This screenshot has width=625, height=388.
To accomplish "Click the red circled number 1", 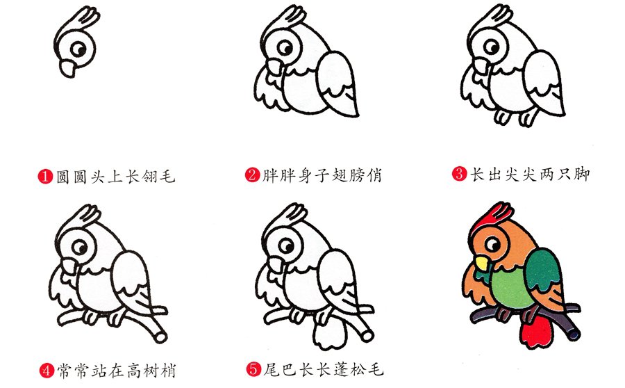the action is point(45,177).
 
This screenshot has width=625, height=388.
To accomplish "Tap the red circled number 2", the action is point(252,175).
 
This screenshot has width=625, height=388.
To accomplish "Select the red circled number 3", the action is point(459,174).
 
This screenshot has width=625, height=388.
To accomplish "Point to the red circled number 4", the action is point(47,371).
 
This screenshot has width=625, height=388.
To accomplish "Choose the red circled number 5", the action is point(253,369).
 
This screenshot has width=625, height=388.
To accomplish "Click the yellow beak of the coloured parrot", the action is point(481,264).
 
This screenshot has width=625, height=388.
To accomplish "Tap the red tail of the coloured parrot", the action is point(536,330).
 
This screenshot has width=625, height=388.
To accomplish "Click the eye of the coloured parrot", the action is point(492,244).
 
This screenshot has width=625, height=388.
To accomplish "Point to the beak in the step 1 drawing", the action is point(67,67).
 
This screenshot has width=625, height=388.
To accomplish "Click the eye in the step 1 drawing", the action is point(78,49).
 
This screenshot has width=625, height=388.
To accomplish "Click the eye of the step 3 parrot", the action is point(492,47).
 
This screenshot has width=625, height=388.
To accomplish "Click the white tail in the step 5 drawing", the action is point(330,332).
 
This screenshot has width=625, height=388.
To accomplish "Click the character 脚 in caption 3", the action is point(581,174).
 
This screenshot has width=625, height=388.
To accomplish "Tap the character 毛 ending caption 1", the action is point(167,177).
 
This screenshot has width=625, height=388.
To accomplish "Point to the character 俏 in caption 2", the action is point(374,175).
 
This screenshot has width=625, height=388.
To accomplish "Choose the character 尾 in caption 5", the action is point(272,369).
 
